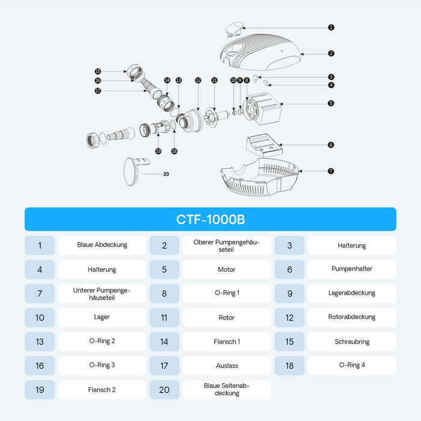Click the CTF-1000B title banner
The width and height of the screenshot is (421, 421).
(x=210, y=219)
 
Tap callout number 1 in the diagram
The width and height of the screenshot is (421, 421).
(x=331, y=28)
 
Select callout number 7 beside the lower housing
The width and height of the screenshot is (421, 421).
(x=331, y=171)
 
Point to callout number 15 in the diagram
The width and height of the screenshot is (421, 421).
(x=97, y=72)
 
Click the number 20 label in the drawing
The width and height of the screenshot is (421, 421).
(x=166, y=174)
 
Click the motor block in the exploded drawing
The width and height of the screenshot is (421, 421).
(x=262, y=108)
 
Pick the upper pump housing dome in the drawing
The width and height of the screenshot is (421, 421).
(x=260, y=52)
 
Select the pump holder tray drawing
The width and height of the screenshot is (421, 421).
(x=264, y=145)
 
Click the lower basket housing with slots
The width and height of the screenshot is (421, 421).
(x=259, y=177)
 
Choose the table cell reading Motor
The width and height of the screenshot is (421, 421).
(x=227, y=269)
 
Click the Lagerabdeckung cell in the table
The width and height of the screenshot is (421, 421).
(x=352, y=293)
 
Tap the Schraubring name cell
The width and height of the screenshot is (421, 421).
(x=352, y=342)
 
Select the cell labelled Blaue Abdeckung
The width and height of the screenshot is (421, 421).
(x=102, y=245)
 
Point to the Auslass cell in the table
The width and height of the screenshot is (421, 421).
(x=227, y=366)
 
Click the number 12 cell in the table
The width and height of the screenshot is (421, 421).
(x=289, y=318)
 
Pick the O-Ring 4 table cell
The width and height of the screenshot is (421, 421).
(x=352, y=366)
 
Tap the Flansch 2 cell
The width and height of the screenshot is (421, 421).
(x=102, y=390)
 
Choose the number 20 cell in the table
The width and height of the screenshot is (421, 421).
(x=164, y=390)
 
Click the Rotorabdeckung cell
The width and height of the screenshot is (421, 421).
(x=352, y=318)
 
